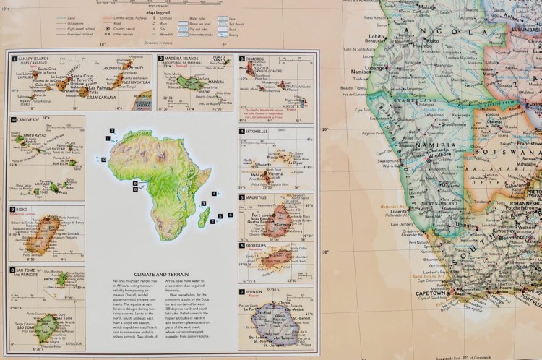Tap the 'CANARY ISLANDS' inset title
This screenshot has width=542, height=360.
click(35, 58)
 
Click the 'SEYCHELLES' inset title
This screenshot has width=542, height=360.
click(261, 132)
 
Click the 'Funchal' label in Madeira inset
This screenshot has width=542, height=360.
click(200, 91)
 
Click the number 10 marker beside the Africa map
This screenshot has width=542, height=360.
click(103, 159)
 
